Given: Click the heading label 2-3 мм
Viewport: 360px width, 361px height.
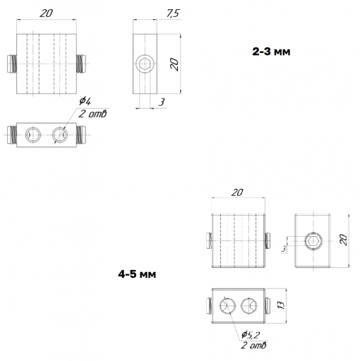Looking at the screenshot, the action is pos(271,51).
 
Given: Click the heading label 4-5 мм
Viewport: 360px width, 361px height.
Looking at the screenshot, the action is pos(137,274).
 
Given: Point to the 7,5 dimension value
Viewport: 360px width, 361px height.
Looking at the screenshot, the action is pos(173,13).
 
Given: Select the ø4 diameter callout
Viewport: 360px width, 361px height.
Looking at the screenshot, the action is pos(85,101).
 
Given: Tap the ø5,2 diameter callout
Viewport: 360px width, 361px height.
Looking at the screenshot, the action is pos(251,335).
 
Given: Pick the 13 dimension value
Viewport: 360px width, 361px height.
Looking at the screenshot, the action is pos(281,305).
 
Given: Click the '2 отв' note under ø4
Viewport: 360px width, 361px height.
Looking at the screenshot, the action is pos(92,114).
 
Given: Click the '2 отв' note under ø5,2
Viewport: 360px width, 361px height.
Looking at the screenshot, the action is pos(253,345).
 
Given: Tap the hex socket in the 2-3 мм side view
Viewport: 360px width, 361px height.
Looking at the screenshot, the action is pos(145,64).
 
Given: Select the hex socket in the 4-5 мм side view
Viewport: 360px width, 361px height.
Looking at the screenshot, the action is pos(313,241).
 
